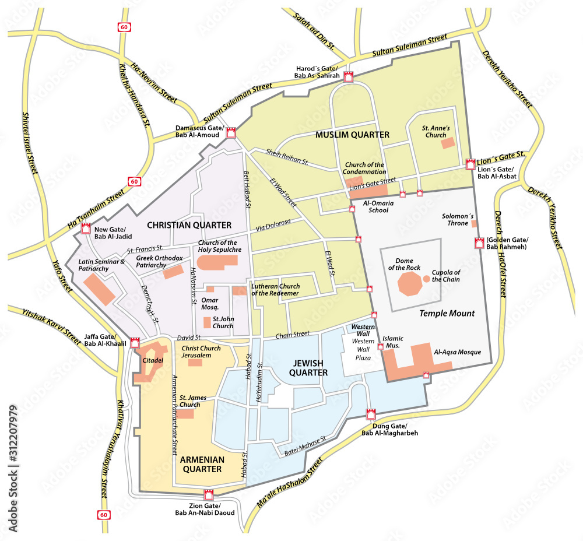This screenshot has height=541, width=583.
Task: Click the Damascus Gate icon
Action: (x=231, y=132)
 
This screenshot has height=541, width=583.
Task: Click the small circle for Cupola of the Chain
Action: (x=427, y=279)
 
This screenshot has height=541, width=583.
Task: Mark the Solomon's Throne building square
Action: (x=474, y=223)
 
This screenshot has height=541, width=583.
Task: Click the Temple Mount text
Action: (x=447, y=313)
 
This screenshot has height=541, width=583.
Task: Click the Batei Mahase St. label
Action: (x=304, y=447)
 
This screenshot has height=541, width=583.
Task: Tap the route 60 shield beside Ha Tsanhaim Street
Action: (x=135, y=181)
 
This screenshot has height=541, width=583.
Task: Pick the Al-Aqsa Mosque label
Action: (x=457, y=352)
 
